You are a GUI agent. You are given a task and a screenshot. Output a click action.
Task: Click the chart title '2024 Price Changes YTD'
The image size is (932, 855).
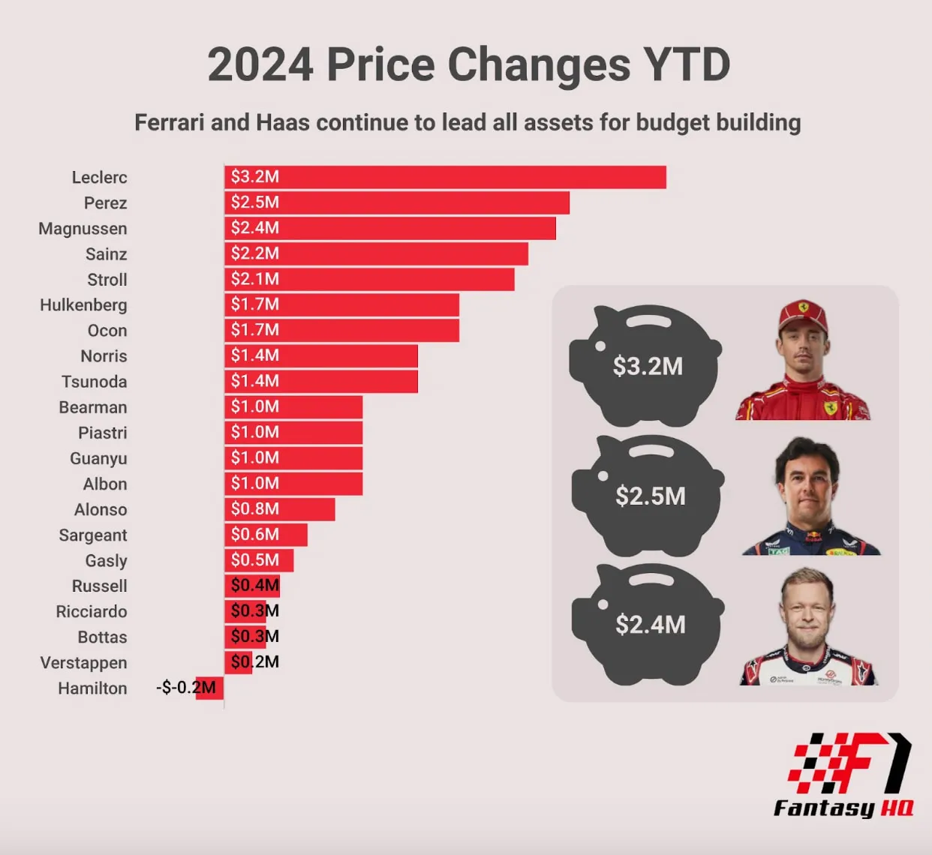click(468, 65)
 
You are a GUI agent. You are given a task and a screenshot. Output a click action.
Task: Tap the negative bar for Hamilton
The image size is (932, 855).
click(210, 688)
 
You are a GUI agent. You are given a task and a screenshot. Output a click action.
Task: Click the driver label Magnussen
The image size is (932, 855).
click(83, 229)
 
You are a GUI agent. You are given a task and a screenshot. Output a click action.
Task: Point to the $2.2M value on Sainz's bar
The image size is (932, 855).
click(255, 253)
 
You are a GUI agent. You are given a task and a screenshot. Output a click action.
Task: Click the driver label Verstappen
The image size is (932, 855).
click(84, 663)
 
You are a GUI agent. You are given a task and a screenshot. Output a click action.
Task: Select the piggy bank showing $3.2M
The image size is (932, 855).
click(645, 365)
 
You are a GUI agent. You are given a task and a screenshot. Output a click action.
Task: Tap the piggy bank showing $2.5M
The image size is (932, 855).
click(648, 495)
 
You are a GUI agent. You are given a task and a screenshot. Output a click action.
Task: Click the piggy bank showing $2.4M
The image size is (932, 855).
click(648, 624)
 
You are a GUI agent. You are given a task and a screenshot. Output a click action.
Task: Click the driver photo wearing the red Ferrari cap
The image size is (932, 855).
click(803, 360)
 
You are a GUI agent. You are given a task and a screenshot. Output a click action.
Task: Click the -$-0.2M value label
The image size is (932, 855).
click(185, 687)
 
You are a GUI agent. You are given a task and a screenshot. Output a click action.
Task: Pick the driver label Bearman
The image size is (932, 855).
click(93, 407)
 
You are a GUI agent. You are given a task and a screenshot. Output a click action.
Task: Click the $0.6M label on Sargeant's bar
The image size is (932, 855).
click(255, 535)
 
